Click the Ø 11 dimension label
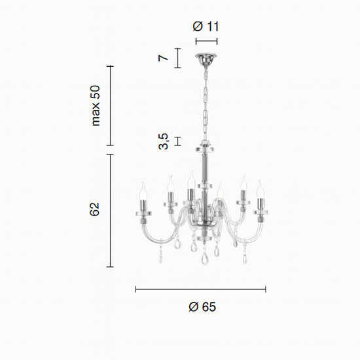206,26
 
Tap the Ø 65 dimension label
202,307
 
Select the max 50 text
96,105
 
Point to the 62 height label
94,209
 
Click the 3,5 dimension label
164,141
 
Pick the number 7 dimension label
163,58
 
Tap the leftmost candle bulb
143,191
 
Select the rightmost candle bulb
260,189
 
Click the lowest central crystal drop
204,258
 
